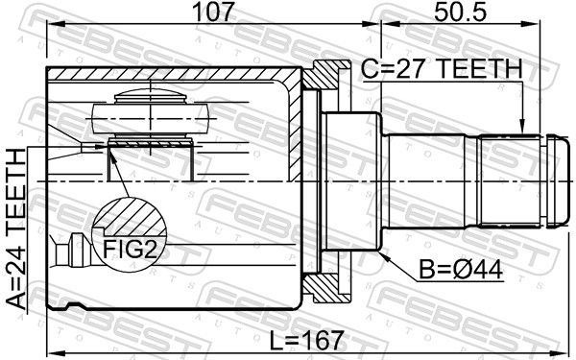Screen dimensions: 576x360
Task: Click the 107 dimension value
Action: (213, 12)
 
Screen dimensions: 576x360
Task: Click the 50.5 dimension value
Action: (460, 12)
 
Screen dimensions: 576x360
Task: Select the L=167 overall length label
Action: (307, 340)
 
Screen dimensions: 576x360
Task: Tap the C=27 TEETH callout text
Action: (442, 69)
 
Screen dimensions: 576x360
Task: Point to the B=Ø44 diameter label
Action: (461, 270)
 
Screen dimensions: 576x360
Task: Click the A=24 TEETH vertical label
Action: (16, 229)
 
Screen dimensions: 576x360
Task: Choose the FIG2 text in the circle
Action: (130, 249)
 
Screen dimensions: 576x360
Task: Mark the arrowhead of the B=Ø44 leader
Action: (383, 255)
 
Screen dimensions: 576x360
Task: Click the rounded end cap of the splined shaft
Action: (556, 180)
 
